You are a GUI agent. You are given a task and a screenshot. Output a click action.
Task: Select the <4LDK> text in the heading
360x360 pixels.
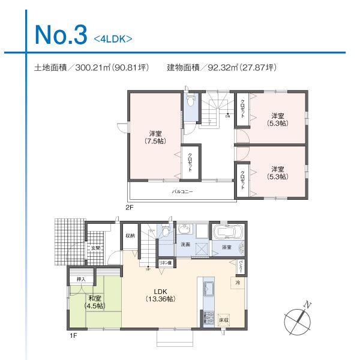click(112, 40)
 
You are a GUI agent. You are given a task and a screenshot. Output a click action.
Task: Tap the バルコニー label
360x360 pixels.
click(182, 192)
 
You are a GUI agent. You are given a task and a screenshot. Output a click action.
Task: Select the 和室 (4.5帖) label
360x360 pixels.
click(94, 301)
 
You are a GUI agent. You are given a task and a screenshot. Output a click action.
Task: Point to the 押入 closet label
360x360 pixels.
click(81, 279)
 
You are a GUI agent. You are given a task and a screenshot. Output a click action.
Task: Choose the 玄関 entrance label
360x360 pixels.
click(95, 248)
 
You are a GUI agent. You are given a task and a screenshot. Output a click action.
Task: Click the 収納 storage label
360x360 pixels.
click(130, 236)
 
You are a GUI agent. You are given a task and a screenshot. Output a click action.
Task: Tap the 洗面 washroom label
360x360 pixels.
click(185, 245)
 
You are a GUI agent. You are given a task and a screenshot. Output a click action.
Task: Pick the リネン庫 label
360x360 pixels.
click(165, 263)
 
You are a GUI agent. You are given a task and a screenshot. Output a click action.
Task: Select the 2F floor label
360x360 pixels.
click(128, 207)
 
